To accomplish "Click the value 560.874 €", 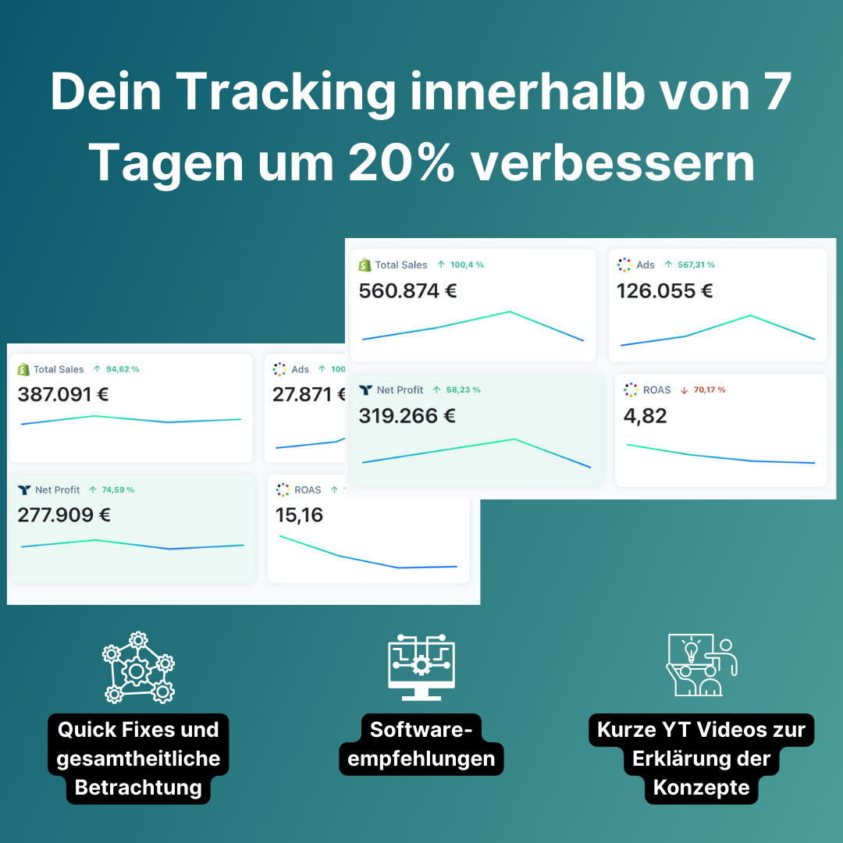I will pyautogui.click(x=407, y=291).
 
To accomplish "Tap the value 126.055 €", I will pyautogui.click(x=664, y=291).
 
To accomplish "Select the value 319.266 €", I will pyautogui.click(x=407, y=416).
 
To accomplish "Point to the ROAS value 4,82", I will pyautogui.click(x=646, y=416).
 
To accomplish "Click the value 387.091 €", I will pyautogui.click(x=63, y=394).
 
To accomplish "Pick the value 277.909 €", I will pyautogui.click(x=64, y=515).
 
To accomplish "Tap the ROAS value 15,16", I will pyautogui.click(x=299, y=515).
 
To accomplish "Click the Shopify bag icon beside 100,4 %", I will pyautogui.click(x=365, y=265).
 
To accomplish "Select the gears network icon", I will pyautogui.click(x=138, y=667).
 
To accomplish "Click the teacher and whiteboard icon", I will pyautogui.click(x=701, y=666).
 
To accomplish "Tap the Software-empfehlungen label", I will pyautogui.click(x=421, y=744).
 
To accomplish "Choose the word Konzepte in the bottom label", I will pyautogui.click(x=702, y=787).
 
